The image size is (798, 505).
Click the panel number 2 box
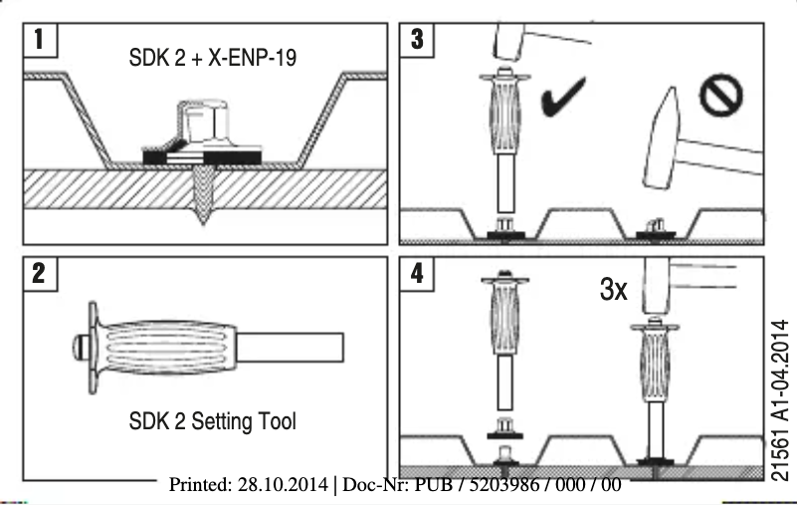[x=39, y=274]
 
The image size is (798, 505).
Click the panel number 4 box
[x=417, y=274]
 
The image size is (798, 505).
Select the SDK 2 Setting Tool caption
[x=212, y=421]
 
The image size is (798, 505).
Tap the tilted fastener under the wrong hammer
[x=654, y=228]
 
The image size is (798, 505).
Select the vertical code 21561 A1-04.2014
[x=780, y=398]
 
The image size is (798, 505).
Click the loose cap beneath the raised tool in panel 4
[x=505, y=431]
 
